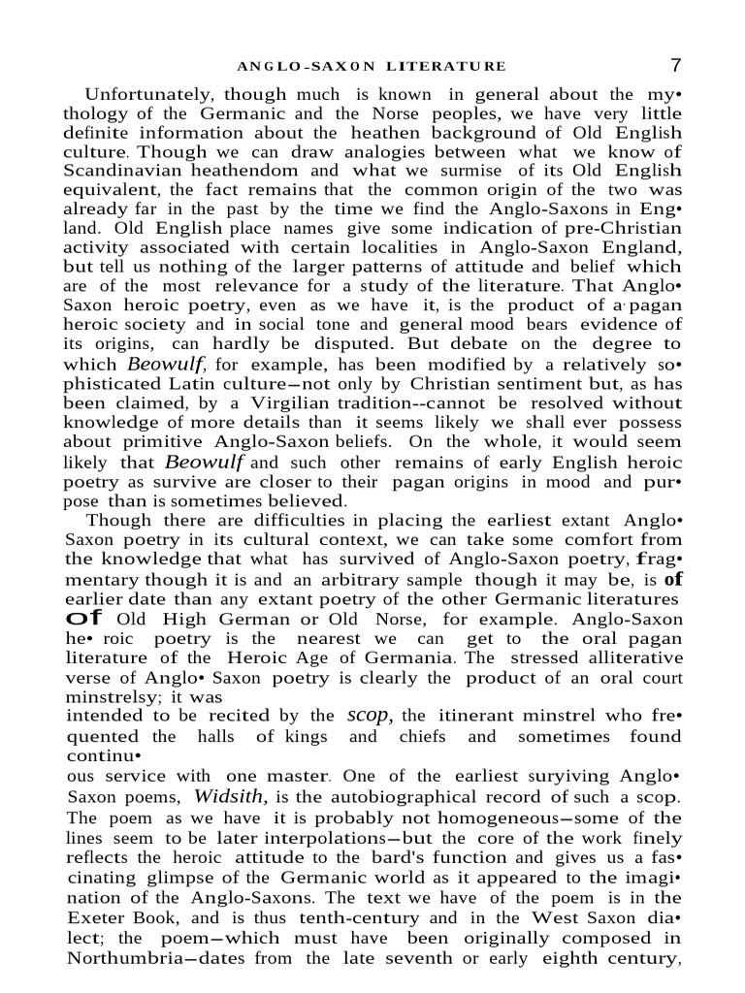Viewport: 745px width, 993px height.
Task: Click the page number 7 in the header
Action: tap(676, 65)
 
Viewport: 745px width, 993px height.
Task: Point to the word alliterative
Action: tap(630, 657)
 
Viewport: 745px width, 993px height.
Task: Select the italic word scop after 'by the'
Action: tap(369, 716)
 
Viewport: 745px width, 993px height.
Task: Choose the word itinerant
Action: tap(449, 717)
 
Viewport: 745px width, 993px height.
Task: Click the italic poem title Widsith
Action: tap(230, 797)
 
